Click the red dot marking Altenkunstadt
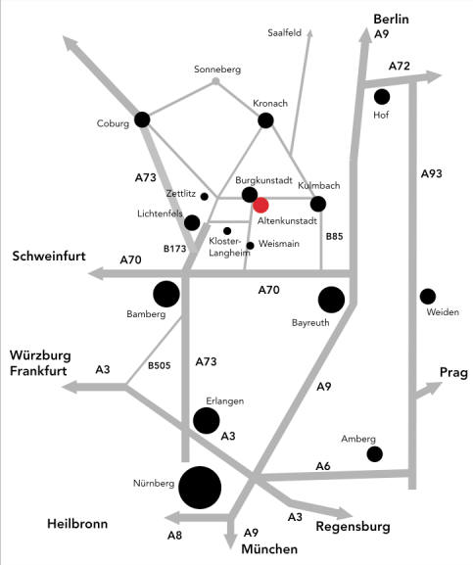[x=260, y=205]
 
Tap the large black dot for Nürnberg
[x=200, y=488]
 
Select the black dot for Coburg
[x=142, y=119]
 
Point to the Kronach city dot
[x=265, y=120]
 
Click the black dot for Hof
[x=382, y=97]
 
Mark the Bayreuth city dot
[x=331, y=300]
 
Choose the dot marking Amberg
[x=375, y=454]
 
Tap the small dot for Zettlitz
[x=205, y=197]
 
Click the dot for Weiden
[x=428, y=297]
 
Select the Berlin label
[x=391, y=20]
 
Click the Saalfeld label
[x=285, y=32]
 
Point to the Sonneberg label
[x=217, y=70]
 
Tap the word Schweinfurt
[x=49, y=257]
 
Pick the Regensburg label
[x=354, y=527]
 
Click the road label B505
[x=160, y=366]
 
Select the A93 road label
[x=432, y=173]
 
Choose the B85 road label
[x=334, y=237]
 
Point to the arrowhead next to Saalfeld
[x=309, y=32]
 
